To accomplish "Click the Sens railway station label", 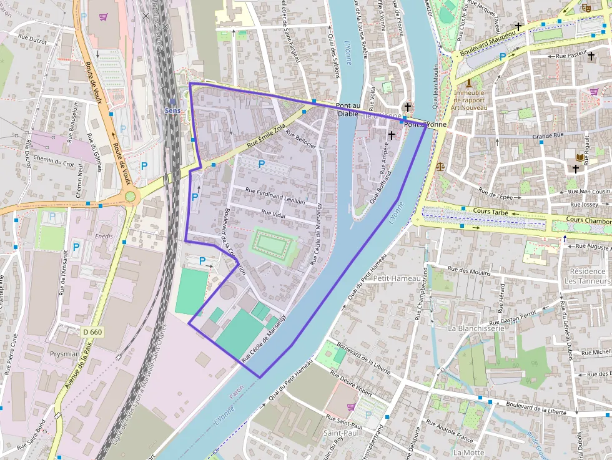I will click(172, 110).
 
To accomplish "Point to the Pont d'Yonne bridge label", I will click(425, 124).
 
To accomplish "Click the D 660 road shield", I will click(92, 332).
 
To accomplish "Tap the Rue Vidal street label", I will click(274, 213).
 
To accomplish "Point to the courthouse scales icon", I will click(442, 167).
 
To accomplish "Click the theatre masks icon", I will click(586, 7).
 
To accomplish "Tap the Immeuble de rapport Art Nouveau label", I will click(469, 100).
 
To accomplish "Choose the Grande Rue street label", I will click(548, 135).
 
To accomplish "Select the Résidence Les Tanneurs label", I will click(587, 276).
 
